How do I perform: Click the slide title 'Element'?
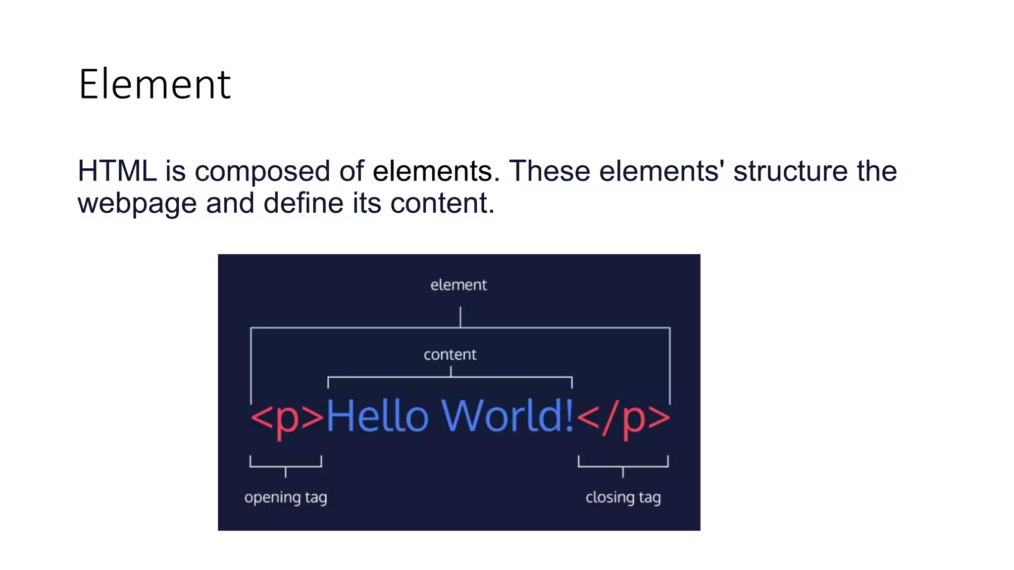154,85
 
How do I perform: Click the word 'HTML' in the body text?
117,171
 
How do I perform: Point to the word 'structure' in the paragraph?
790,171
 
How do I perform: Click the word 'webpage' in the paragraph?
137,204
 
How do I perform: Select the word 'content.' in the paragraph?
442,203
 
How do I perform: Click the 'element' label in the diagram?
458,285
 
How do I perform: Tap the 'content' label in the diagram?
450,355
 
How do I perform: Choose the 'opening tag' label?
286,497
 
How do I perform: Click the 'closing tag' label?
623,497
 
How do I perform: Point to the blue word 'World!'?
507,416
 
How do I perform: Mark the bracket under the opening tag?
286,466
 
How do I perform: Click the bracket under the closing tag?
623,466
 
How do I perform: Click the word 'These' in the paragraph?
550,171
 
